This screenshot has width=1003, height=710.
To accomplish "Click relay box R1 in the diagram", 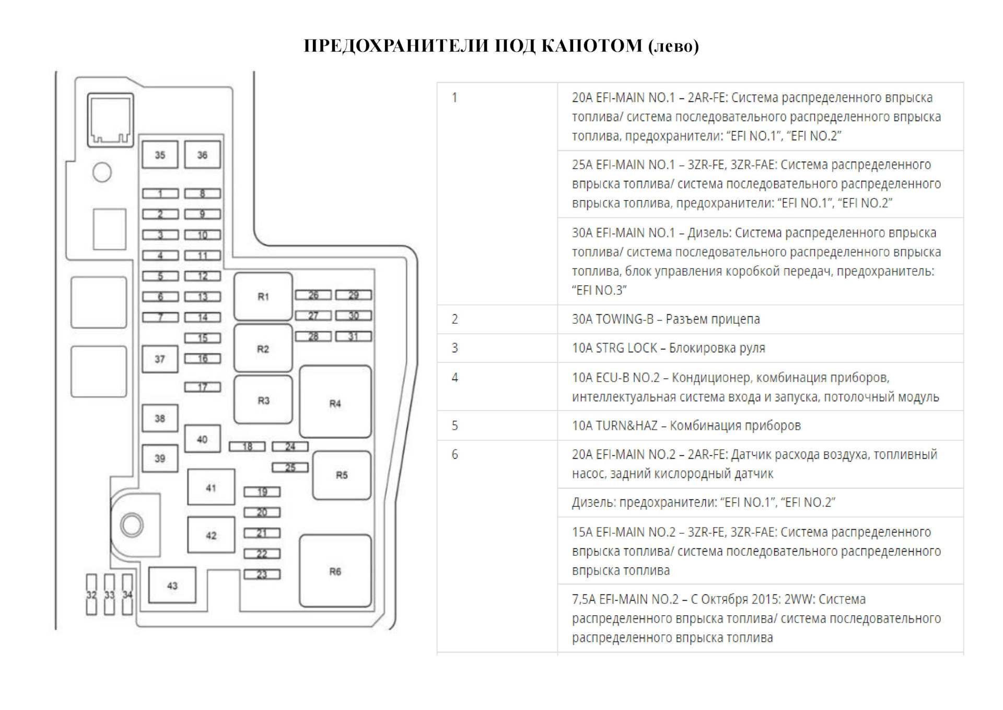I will pyautogui.click(x=263, y=296).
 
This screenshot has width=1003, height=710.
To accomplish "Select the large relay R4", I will pyautogui.click(x=335, y=403).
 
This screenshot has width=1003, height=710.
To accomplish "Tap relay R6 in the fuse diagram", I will pyautogui.click(x=335, y=571).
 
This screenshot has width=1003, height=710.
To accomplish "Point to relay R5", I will pyautogui.click(x=342, y=475).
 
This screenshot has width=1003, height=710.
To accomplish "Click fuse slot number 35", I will pyautogui.click(x=160, y=155).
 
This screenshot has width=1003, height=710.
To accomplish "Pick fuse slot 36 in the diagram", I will pyautogui.click(x=202, y=155).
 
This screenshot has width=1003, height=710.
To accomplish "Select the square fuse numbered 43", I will pyautogui.click(x=172, y=586).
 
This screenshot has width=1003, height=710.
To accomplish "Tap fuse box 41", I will pyautogui.click(x=211, y=487).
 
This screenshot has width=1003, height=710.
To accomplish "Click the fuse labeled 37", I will pyautogui.click(x=160, y=359).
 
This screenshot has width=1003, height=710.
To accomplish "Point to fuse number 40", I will pyautogui.click(x=202, y=439).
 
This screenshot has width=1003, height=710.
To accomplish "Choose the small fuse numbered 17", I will pyautogui.click(x=202, y=387).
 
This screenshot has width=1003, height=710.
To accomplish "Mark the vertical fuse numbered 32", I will pyautogui.click(x=91, y=594).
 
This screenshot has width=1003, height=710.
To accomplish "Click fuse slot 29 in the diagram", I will pyautogui.click(x=354, y=295).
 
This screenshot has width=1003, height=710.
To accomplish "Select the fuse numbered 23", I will pyautogui.click(x=262, y=574).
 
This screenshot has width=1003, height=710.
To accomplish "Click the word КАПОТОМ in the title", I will pyautogui.click(x=591, y=46).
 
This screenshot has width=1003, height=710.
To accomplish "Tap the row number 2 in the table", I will pyautogui.click(x=455, y=319).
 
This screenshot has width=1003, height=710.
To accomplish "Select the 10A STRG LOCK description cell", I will pyautogui.click(x=668, y=348).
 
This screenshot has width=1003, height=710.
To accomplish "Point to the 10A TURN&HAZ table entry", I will pyautogui.click(x=686, y=425).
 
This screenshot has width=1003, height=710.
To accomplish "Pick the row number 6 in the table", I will pyautogui.click(x=455, y=454).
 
